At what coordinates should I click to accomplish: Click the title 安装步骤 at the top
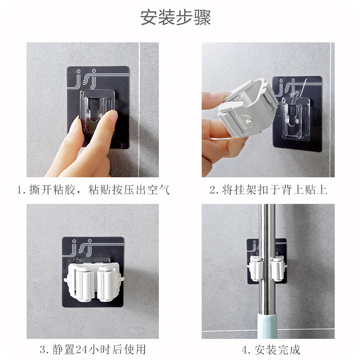point(175,17)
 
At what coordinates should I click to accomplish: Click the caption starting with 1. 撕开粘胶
point(94,190)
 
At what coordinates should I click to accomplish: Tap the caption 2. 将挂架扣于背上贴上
point(268,190)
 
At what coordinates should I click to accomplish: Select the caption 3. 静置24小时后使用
point(93,350)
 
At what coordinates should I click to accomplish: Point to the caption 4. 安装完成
point(271,350)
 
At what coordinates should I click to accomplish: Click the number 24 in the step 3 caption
point(82,350)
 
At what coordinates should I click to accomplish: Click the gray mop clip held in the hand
point(247,108)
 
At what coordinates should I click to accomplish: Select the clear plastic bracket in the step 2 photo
point(296,118)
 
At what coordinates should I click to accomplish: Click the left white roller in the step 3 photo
point(81,283)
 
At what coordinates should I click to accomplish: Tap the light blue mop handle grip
point(267,326)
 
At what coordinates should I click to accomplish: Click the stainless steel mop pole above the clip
point(267,229)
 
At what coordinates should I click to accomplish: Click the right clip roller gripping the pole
point(278,269)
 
